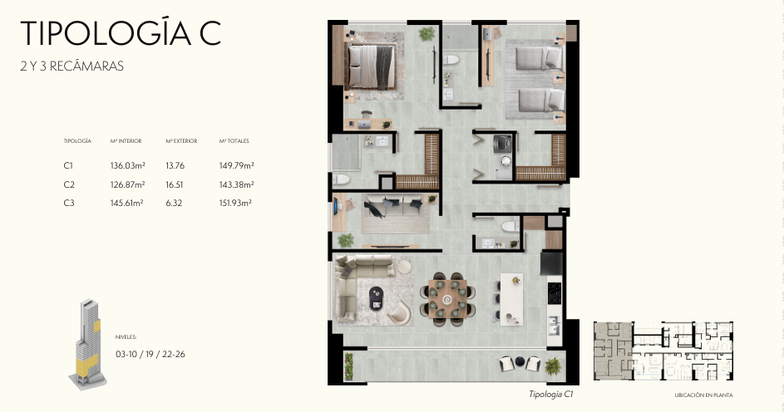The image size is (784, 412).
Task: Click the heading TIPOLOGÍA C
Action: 121,33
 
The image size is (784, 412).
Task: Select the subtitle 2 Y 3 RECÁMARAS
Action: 72,66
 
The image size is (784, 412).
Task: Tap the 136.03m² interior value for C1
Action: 127,165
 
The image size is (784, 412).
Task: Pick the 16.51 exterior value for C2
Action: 175,184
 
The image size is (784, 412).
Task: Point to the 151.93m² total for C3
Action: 235,203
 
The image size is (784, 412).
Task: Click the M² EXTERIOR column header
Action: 181,141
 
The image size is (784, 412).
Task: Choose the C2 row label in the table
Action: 69,184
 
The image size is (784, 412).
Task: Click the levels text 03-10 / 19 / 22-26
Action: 150,354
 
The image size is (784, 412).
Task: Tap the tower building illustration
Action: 87,345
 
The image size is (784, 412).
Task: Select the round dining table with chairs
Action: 447,299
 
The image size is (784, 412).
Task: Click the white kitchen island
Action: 511,299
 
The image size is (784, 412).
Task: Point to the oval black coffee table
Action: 377,298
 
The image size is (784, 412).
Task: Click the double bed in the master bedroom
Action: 371,66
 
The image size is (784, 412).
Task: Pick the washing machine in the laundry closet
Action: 502,145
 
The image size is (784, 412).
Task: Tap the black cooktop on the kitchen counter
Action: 554,292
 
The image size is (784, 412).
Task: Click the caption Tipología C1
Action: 551,394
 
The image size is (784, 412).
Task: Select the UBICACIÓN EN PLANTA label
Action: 703,395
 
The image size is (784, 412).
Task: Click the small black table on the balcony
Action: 520,362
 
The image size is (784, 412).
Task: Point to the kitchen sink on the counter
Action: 553,326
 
